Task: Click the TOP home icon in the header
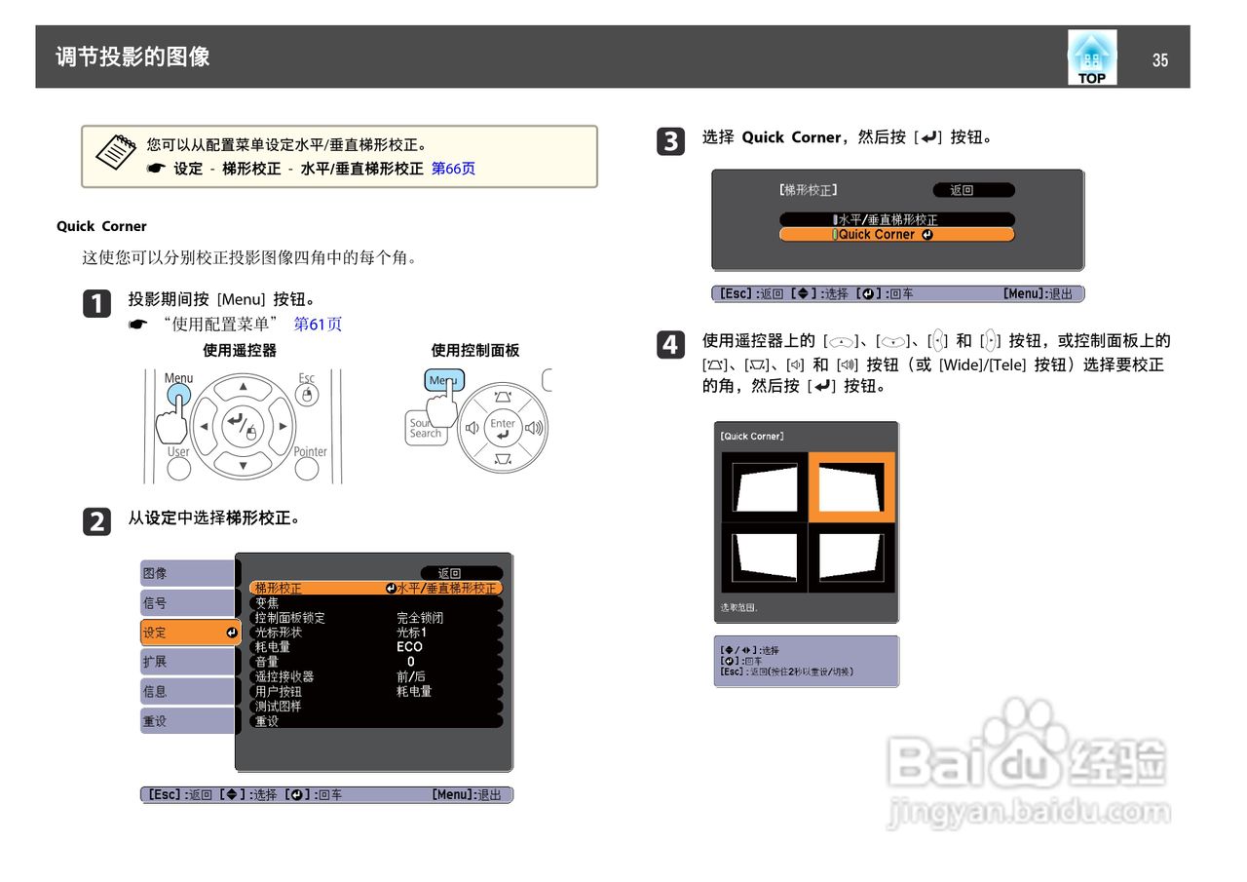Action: (x=1091, y=58)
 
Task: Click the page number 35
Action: (x=1159, y=60)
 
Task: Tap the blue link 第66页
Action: (x=453, y=169)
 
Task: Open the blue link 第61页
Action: (x=318, y=325)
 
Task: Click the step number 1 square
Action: (x=96, y=304)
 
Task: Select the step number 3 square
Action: (x=670, y=142)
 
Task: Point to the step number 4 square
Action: (x=670, y=345)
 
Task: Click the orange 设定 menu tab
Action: (x=190, y=633)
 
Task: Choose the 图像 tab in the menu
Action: (x=187, y=573)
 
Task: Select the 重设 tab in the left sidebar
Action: (x=187, y=721)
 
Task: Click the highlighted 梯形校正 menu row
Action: (x=375, y=588)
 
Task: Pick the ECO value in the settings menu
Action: (x=409, y=647)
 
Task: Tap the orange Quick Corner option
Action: (x=896, y=235)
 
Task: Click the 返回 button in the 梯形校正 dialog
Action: (x=972, y=190)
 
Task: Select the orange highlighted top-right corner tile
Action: (x=851, y=486)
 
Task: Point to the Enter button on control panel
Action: (x=503, y=427)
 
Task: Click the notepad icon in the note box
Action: (x=115, y=151)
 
